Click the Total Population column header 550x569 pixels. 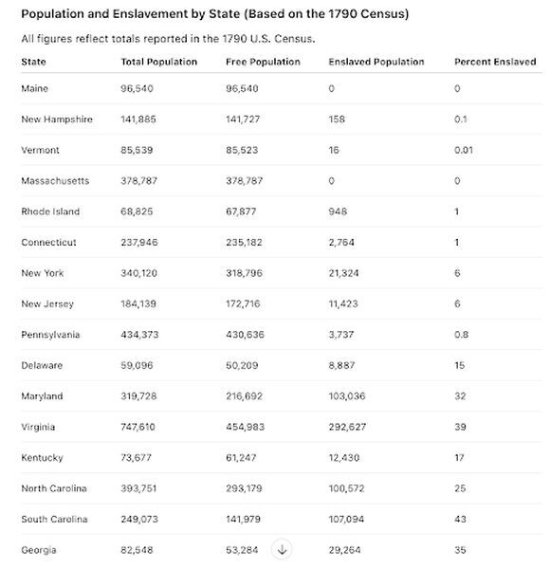pyautogui.click(x=159, y=62)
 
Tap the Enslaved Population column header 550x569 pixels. pyautogui.click(x=376, y=62)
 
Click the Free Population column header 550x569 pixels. pyautogui.click(x=263, y=62)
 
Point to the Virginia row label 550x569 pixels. pyautogui.click(x=38, y=427)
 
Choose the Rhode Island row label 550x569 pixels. pyautogui.click(x=50, y=211)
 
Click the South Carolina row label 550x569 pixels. pyautogui.click(x=54, y=519)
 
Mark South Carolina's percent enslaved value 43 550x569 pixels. pyautogui.click(x=460, y=519)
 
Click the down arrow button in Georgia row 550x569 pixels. pyautogui.click(x=283, y=549)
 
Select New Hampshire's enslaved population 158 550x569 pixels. pyautogui.click(x=338, y=119)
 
